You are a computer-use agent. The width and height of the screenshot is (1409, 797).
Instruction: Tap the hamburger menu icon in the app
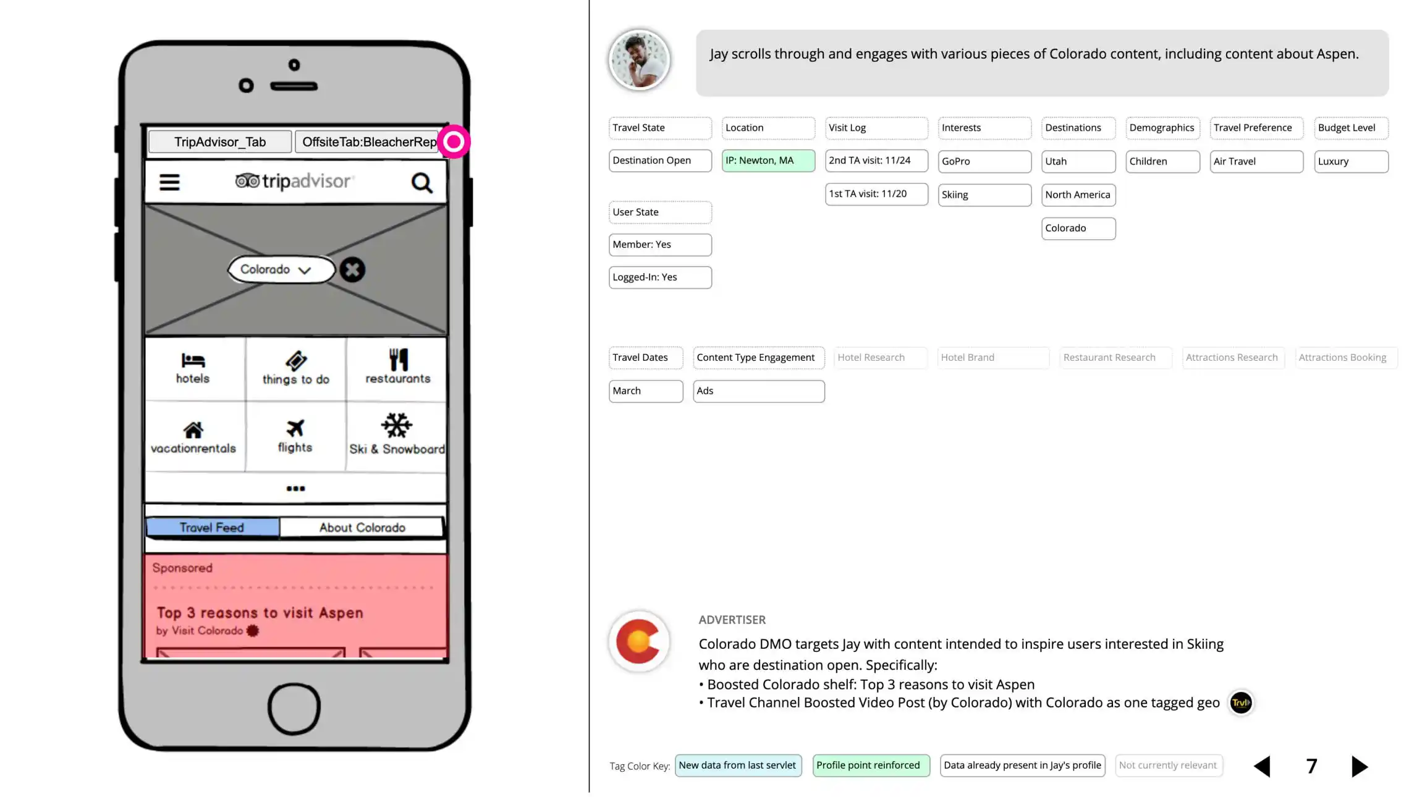click(169, 182)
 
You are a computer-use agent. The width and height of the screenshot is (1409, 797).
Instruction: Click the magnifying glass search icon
click(422, 183)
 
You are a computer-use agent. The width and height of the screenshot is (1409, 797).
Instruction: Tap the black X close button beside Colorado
click(352, 270)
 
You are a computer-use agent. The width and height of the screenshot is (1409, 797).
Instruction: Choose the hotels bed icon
click(193, 360)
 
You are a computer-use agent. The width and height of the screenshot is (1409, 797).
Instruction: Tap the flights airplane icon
click(295, 428)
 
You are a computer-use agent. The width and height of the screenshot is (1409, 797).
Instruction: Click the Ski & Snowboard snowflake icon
click(396, 425)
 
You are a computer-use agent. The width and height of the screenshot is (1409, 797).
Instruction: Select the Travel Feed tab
click(212, 528)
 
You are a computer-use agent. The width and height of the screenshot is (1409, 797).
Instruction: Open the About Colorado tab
click(362, 528)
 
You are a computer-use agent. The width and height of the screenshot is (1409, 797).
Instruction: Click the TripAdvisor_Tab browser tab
click(220, 142)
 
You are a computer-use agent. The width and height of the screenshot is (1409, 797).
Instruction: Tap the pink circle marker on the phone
click(454, 142)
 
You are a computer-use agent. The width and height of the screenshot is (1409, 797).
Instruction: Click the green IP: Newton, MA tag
click(768, 161)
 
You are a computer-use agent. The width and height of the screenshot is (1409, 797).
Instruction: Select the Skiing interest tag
click(984, 195)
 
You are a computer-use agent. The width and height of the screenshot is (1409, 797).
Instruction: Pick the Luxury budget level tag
click(1351, 161)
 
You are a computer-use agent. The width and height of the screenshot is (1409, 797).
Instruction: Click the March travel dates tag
click(646, 391)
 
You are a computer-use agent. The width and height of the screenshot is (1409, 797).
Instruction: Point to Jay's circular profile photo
click(640, 61)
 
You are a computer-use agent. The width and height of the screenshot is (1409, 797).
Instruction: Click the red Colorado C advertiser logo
click(639, 641)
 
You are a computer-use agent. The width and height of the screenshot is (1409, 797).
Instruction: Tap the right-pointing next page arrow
click(1360, 766)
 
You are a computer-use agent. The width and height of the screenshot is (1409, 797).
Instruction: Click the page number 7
click(1311, 766)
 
